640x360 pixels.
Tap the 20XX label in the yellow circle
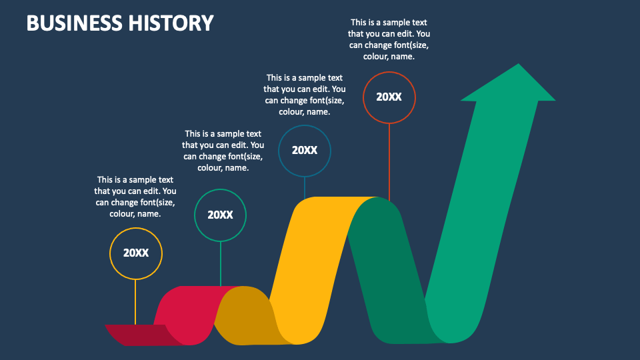[x=135, y=253]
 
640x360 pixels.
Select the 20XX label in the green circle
[x=220, y=215]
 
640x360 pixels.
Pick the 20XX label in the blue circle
[x=305, y=150]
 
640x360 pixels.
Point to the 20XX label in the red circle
[x=389, y=97]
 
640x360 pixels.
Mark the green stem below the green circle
[x=220, y=263]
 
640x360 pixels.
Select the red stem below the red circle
[x=389, y=160]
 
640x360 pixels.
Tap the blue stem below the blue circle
[x=305, y=186]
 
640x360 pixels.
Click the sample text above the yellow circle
[x=135, y=197]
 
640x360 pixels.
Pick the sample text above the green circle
[x=223, y=151]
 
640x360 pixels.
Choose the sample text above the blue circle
[x=305, y=95]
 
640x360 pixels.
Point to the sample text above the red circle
[x=389, y=39]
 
